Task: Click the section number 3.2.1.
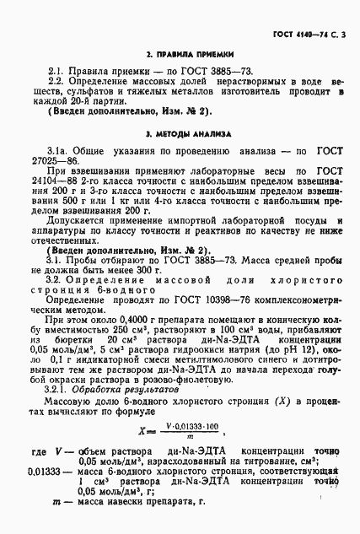click(62, 391)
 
